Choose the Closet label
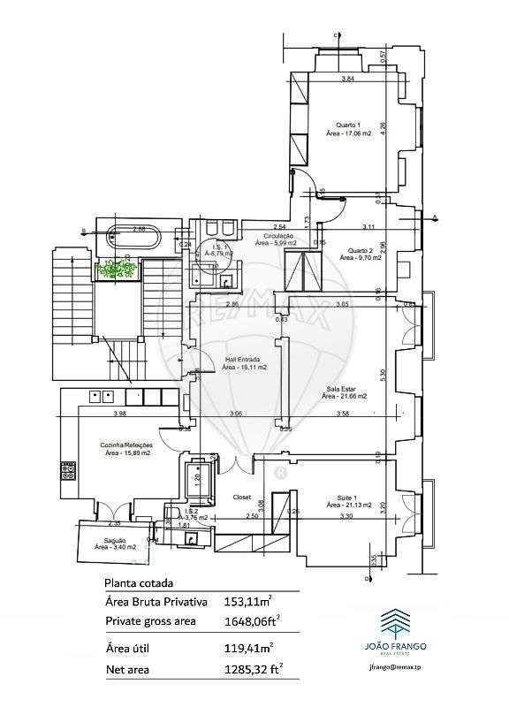click(x=242, y=497)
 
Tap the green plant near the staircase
click(x=117, y=269)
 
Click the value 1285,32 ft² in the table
click(x=252, y=670)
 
